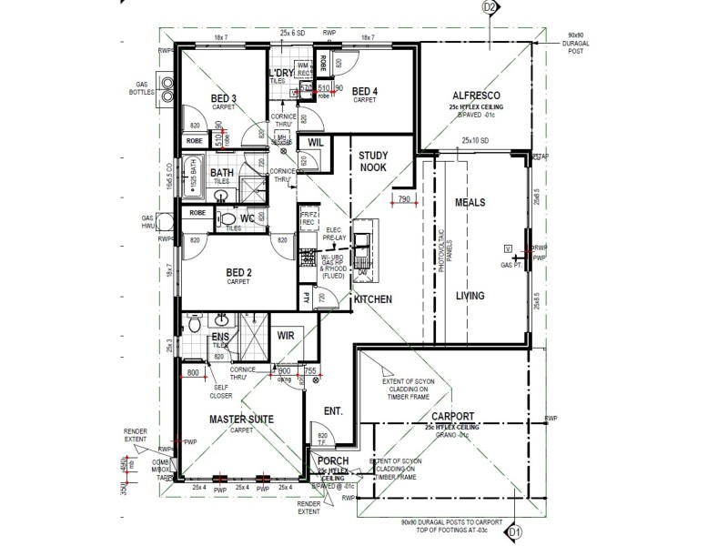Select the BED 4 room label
[365, 91]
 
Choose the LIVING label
[471, 296]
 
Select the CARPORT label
[452, 418]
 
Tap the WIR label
[286, 335]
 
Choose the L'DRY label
[278, 72]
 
